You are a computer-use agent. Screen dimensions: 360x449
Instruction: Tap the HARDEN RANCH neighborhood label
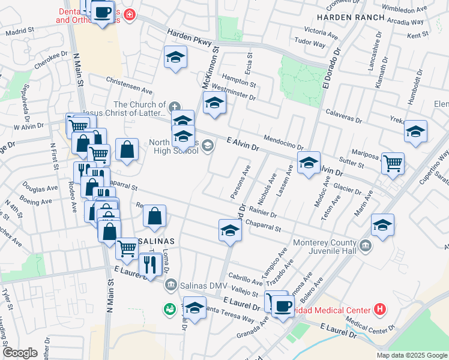[351, 17]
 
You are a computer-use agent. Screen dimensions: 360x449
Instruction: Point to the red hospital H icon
[379, 310]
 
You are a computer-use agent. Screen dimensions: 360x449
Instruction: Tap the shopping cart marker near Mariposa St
[393, 163]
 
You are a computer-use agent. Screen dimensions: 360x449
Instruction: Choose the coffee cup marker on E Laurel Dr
[282, 306]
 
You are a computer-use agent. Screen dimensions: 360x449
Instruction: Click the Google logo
[20, 353]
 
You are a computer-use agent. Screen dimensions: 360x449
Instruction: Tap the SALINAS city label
[155, 241]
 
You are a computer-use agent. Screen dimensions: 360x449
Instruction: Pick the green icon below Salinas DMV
[169, 309]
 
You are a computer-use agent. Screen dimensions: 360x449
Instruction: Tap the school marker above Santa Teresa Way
[194, 308]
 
